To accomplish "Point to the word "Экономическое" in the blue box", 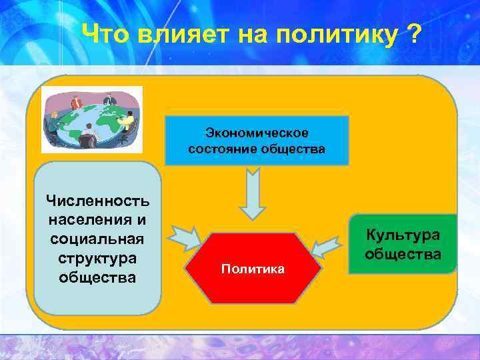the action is pos(257,133).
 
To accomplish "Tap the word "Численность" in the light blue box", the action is pos(97,201).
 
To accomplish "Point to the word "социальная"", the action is pos(97,239).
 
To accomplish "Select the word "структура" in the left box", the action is pos(97,257).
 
